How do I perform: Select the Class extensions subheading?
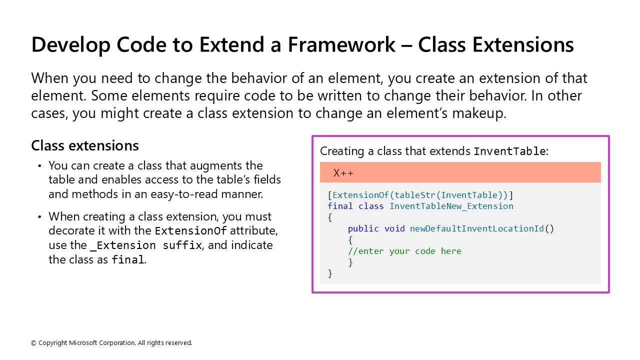click(85, 145)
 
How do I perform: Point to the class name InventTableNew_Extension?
click(451, 206)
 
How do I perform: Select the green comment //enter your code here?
click(404, 251)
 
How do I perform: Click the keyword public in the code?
click(363, 228)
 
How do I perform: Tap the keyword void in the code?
click(394, 228)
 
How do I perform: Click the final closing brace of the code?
click(330, 273)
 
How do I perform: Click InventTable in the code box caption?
click(509, 151)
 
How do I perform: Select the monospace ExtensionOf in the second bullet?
click(190, 231)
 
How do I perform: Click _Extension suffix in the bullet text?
click(145, 245)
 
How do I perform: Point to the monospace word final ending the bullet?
click(127, 260)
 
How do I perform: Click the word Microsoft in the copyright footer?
click(83, 343)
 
